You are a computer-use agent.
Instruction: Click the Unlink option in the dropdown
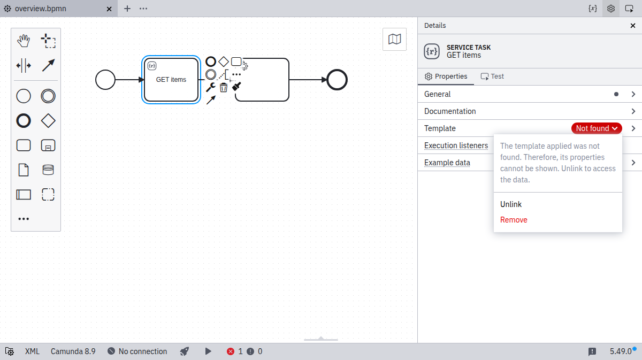click(511, 204)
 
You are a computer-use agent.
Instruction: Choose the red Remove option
click(514, 220)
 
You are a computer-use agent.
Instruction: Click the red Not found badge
click(597, 128)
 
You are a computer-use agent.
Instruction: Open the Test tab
click(492, 76)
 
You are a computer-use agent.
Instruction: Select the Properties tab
click(446, 76)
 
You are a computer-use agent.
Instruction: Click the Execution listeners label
click(456, 145)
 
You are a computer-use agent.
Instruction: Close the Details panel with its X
click(633, 26)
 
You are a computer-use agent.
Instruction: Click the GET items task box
click(171, 80)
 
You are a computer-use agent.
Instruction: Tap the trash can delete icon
click(224, 87)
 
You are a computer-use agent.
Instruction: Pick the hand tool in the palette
click(24, 41)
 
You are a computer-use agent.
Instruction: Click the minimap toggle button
click(394, 39)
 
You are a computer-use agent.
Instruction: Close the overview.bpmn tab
click(109, 9)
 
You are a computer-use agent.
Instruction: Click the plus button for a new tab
click(127, 9)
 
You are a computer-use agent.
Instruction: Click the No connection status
click(137, 351)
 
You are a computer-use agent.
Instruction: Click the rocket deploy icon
click(184, 351)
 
